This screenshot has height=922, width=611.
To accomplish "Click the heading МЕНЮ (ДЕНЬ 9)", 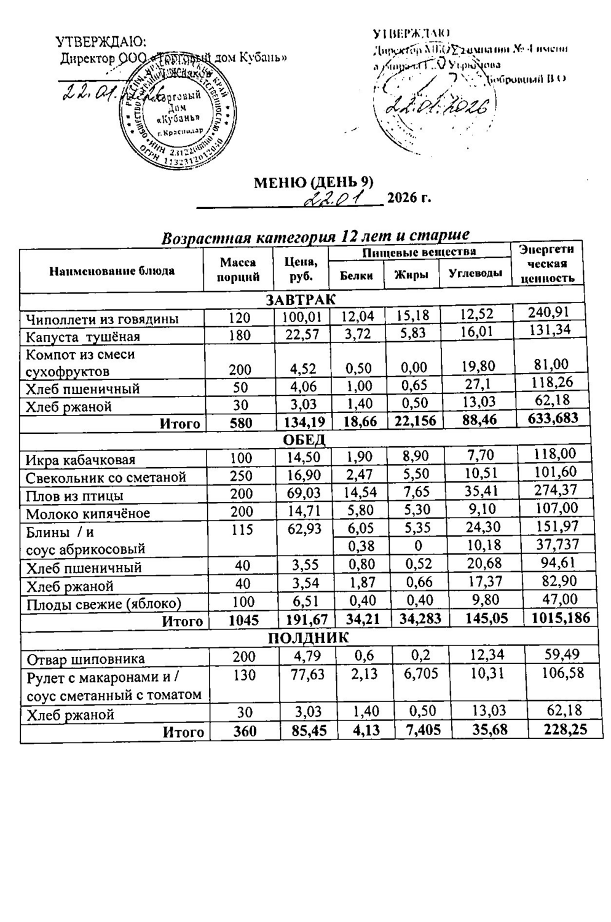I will coord(314,183).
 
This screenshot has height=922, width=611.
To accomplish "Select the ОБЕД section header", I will coord(304,440).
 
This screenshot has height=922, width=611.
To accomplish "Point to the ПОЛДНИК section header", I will coord(303,637).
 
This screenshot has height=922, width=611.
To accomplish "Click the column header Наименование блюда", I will coord(112,270).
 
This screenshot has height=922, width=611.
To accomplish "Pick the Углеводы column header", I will coord(475,274).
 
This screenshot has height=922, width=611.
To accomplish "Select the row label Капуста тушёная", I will coord(83,337).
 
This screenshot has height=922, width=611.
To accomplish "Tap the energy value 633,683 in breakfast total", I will coord(555,419).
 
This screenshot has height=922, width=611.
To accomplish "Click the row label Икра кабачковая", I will coord(81,460).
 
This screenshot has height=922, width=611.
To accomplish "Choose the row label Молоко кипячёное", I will coord(88,513).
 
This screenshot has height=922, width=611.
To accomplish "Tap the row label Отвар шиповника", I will coord(85,659).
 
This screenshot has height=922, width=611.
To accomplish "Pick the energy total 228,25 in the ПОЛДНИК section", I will coord(557,730).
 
